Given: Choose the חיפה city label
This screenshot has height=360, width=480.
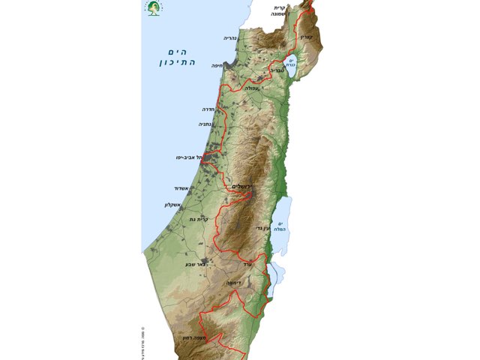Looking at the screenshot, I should tap(228, 64).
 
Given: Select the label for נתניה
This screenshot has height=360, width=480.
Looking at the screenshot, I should tap(204, 125).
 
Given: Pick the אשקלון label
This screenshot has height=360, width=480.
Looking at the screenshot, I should tap(174, 204).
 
